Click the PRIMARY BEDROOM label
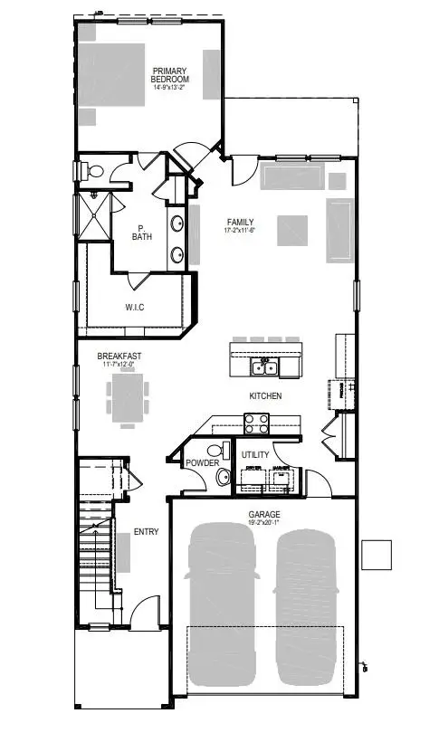(x=170, y=75)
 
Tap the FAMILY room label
(x=240, y=222)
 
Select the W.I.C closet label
(x=135, y=308)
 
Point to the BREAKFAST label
(x=119, y=357)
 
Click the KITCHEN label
(x=265, y=396)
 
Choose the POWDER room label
(x=202, y=463)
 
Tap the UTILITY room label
(x=254, y=454)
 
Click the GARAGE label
(x=264, y=513)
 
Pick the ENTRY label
(x=146, y=531)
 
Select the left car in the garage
(x=220, y=602)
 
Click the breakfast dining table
(x=127, y=395)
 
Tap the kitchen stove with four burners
(x=256, y=421)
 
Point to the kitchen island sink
(x=264, y=366)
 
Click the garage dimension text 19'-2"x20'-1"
(x=264, y=522)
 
